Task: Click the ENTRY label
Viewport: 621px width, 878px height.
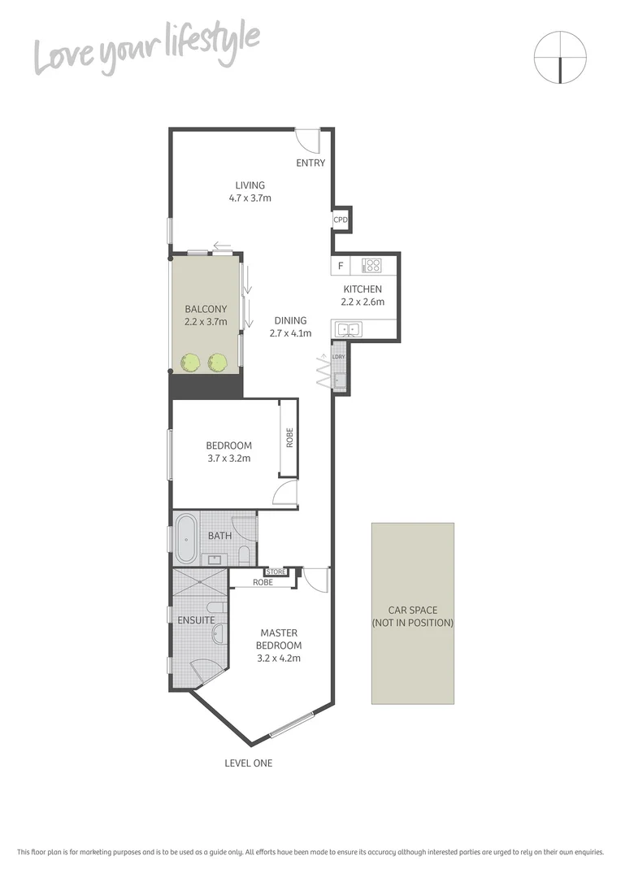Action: click(x=310, y=163)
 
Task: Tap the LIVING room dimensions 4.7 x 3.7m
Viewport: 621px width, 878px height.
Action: click(x=250, y=198)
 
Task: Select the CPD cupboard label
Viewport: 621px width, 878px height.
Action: click(x=341, y=219)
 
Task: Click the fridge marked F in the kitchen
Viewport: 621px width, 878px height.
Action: click(x=341, y=265)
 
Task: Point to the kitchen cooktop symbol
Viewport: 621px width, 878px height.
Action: click(x=371, y=265)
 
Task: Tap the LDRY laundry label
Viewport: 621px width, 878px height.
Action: click(x=339, y=357)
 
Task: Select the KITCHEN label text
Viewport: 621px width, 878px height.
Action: click(x=362, y=289)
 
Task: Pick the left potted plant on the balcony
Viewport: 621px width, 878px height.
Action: click(x=190, y=361)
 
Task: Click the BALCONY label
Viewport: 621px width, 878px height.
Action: click(x=206, y=309)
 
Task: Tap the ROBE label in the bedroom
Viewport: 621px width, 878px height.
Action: click(x=289, y=438)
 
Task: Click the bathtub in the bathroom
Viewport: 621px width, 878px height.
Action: click(x=186, y=537)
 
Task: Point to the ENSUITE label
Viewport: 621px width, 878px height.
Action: click(x=197, y=620)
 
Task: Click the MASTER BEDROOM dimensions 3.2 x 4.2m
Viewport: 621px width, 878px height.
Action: click(x=279, y=658)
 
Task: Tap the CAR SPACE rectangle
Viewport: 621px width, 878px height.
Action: click(x=412, y=613)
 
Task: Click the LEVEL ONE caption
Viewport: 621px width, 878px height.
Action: click(x=249, y=763)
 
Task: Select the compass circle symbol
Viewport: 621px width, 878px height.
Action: click(x=560, y=57)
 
